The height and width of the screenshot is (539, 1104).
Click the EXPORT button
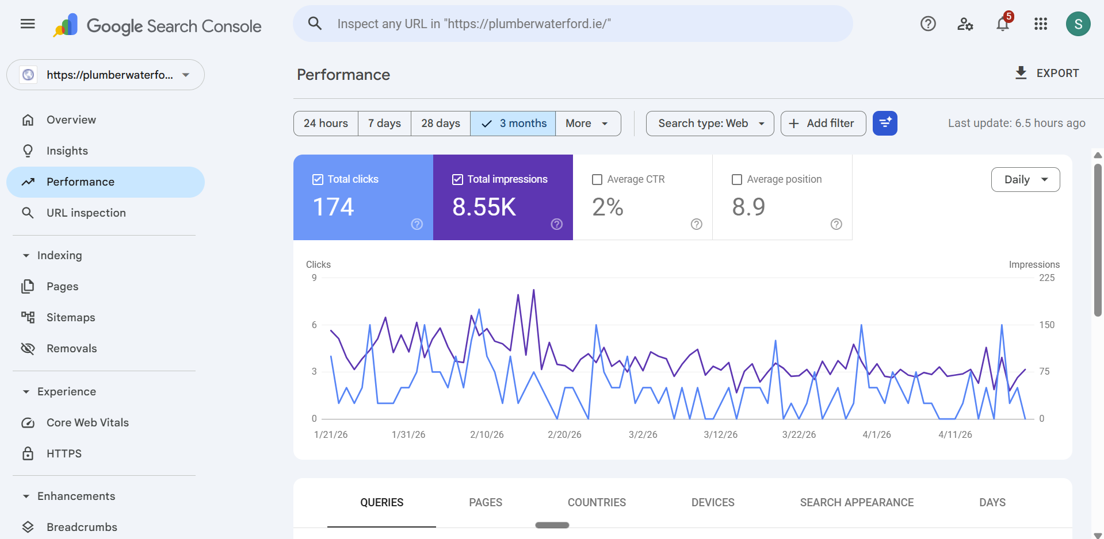[x=1046, y=73]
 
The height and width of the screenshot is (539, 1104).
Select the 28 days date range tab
[x=440, y=124]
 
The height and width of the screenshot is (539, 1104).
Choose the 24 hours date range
[x=326, y=124]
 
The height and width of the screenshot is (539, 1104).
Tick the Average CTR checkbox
[x=597, y=179]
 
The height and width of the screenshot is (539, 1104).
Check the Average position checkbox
[x=736, y=179]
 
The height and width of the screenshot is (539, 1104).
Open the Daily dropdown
[x=1025, y=179]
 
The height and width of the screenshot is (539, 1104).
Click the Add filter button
[x=823, y=124]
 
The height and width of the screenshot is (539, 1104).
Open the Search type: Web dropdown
[x=709, y=124]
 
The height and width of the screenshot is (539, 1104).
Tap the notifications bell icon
[x=1003, y=24]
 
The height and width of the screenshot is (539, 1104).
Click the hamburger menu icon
[x=28, y=24]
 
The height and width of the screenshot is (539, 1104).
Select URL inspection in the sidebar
[x=86, y=213]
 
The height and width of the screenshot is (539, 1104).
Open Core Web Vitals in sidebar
[x=87, y=422]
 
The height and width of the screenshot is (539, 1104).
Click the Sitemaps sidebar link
[x=71, y=317]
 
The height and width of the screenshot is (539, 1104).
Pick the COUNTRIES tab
[x=597, y=502]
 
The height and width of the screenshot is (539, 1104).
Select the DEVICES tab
[x=713, y=502]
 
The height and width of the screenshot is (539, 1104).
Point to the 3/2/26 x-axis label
[x=643, y=434]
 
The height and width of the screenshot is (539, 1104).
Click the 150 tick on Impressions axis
[x=1046, y=325]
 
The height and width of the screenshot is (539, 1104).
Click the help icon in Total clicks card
[x=417, y=224]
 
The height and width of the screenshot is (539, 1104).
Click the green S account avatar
[x=1078, y=24]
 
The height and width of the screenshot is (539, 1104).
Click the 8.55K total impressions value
[x=484, y=207]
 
